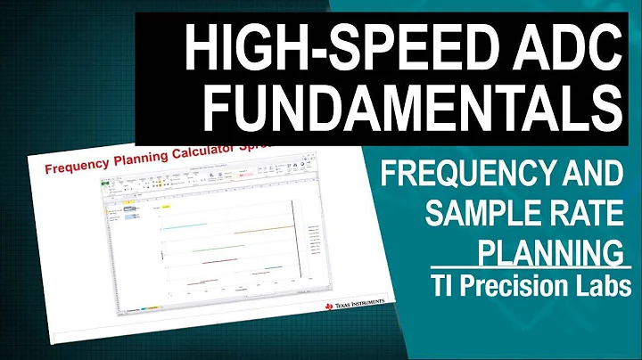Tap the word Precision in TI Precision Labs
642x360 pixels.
tap(527, 285)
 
